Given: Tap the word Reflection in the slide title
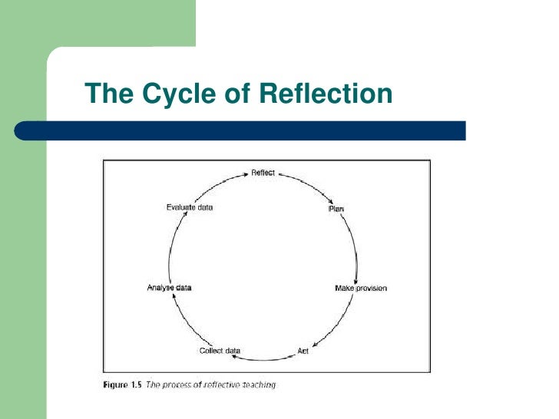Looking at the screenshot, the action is (326, 94).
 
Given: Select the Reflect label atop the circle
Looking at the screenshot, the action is (263, 173).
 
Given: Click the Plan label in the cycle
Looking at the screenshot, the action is (335, 208).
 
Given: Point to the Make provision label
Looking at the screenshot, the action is (361, 288).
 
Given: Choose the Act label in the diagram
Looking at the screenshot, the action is (303, 350).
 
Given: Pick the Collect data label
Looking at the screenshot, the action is (220, 351).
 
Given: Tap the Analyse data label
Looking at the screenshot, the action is (169, 288).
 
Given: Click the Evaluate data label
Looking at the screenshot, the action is (190, 207).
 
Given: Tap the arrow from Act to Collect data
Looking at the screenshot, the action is (265, 358).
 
